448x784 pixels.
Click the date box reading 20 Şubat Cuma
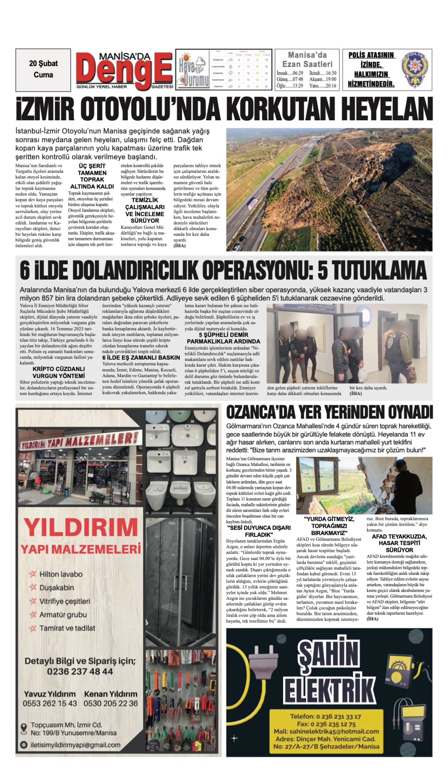(43, 70)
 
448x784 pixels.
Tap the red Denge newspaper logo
(124, 71)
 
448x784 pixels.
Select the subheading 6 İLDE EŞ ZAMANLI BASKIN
(141, 357)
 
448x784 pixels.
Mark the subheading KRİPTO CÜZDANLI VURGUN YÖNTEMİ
(58, 372)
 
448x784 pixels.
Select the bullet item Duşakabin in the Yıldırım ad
(57, 587)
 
